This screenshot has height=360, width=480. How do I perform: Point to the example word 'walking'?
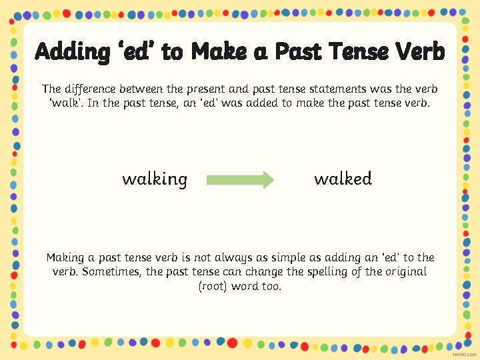(x=155, y=179)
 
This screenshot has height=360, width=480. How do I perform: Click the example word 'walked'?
(x=343, y=179)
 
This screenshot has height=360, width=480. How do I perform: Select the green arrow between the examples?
(x=240, y=179)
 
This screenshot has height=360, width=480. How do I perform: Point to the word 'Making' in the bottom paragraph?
(x=65, y=257)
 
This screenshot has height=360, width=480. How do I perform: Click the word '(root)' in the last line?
(x=213, y=287)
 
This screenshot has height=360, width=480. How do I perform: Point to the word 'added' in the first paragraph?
(x=254, y=103)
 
